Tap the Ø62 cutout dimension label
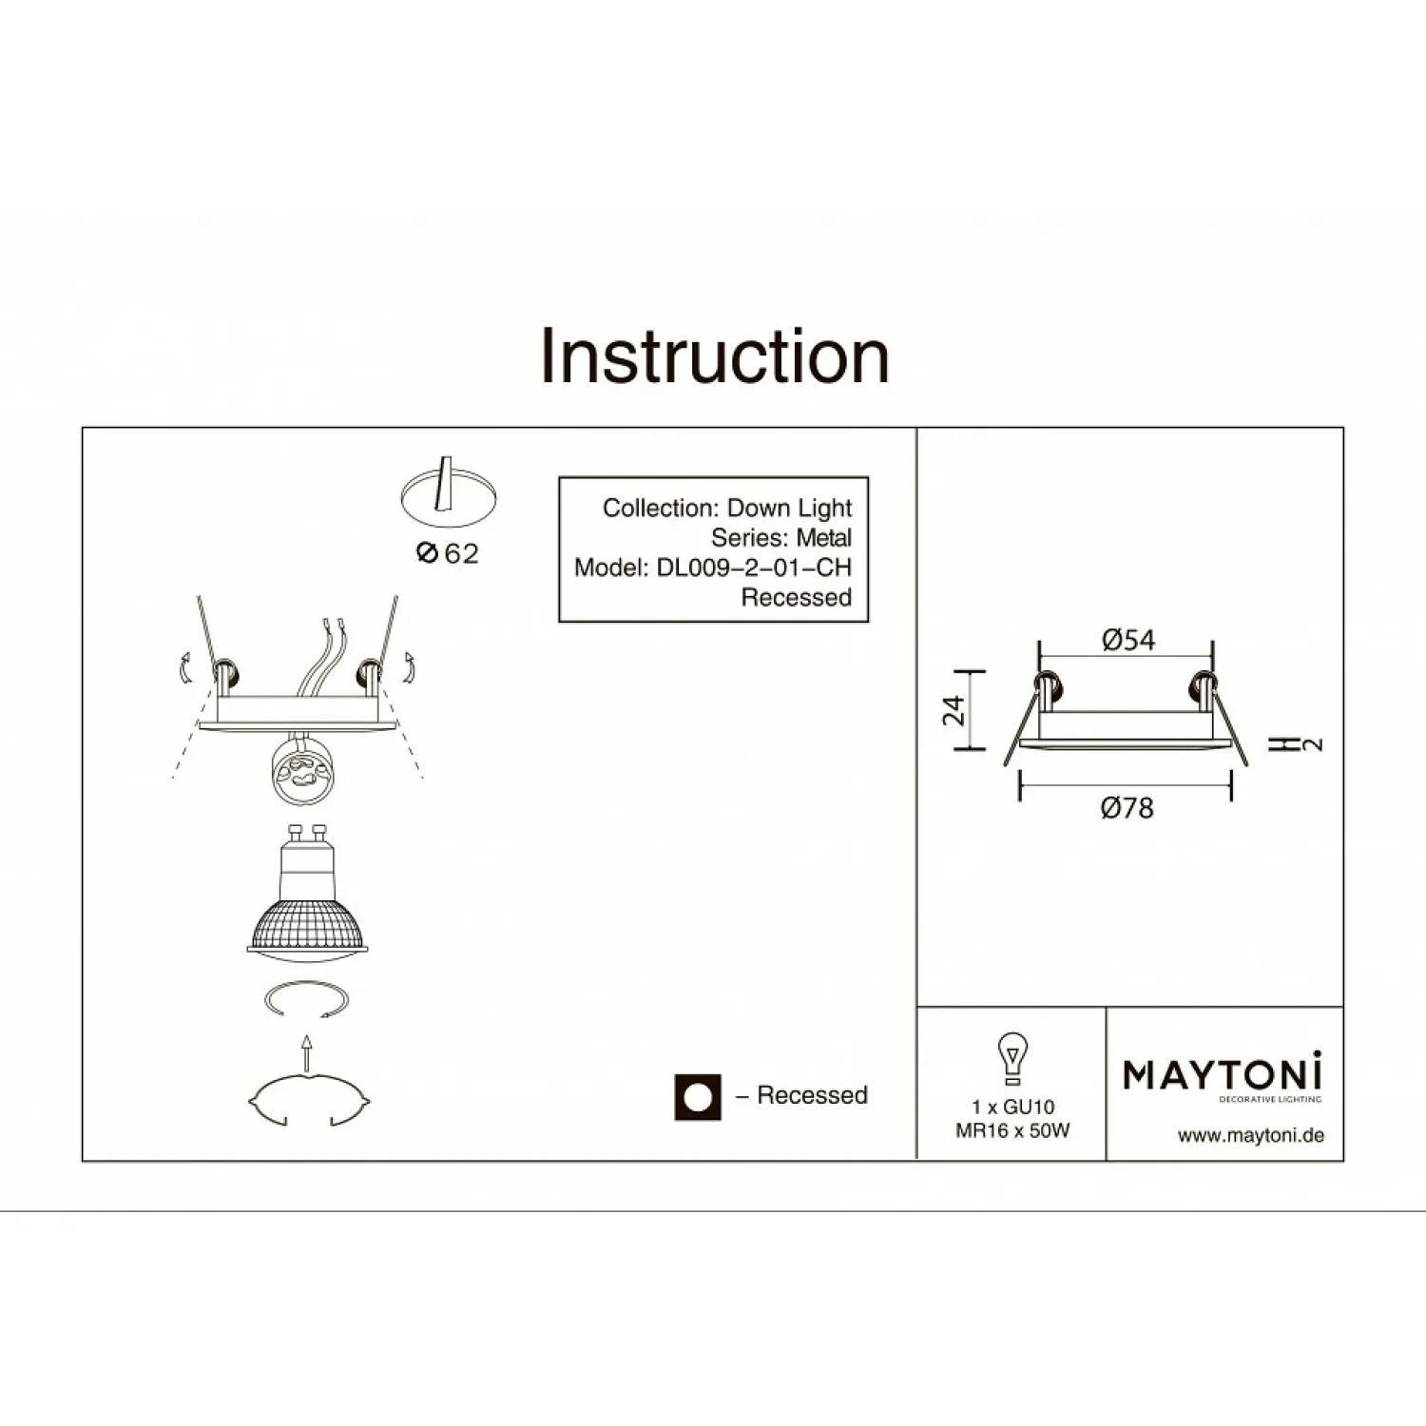coord(448,553)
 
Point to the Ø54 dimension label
coord(1128,640)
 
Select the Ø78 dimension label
coord(1127,808)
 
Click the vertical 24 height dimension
coord(954,710)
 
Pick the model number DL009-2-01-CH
coord(754,568)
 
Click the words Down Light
coord(790,509)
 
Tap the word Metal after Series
coord(824,538)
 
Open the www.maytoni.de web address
coord(1251,1135)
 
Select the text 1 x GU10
coord(1013,1107)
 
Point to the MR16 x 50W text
coord(1012,1131)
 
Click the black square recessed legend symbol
coord(698,1097)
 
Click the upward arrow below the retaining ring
coord(306,1053)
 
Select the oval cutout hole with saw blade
coord(448,494)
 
